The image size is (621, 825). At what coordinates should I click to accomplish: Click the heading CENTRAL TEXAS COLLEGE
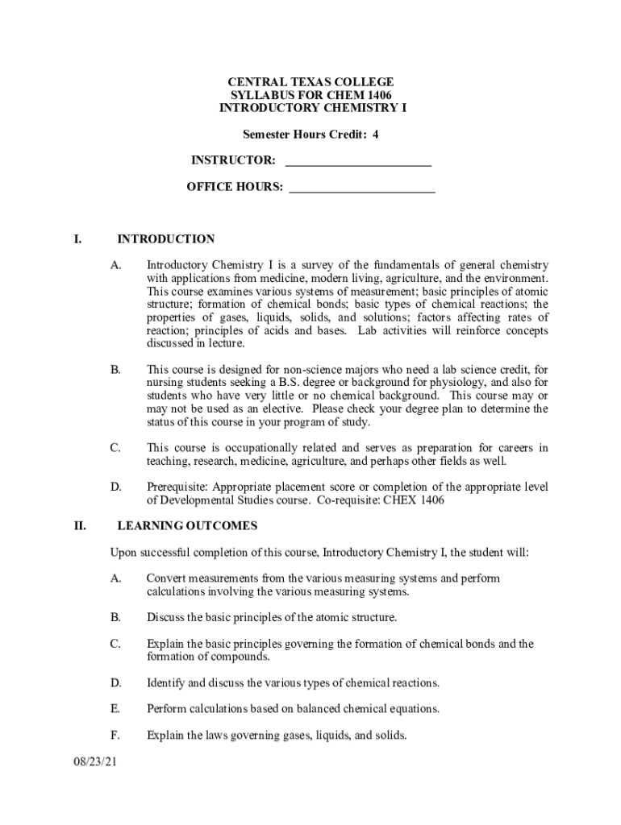(x=310, y=82)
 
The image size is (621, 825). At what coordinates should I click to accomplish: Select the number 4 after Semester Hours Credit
(x=375, y=135)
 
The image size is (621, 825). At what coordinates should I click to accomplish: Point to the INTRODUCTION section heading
(x=166, y=239)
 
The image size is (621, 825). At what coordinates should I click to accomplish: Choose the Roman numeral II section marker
(x=80, y=526)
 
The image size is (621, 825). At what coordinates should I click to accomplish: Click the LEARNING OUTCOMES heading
(x=187, y=526)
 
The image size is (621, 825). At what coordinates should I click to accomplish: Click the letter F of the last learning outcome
(x=115, y=736)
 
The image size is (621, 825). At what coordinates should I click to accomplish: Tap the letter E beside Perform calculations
(x=115, y=709)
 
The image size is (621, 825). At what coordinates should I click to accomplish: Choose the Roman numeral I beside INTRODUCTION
(x=77, y=239)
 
